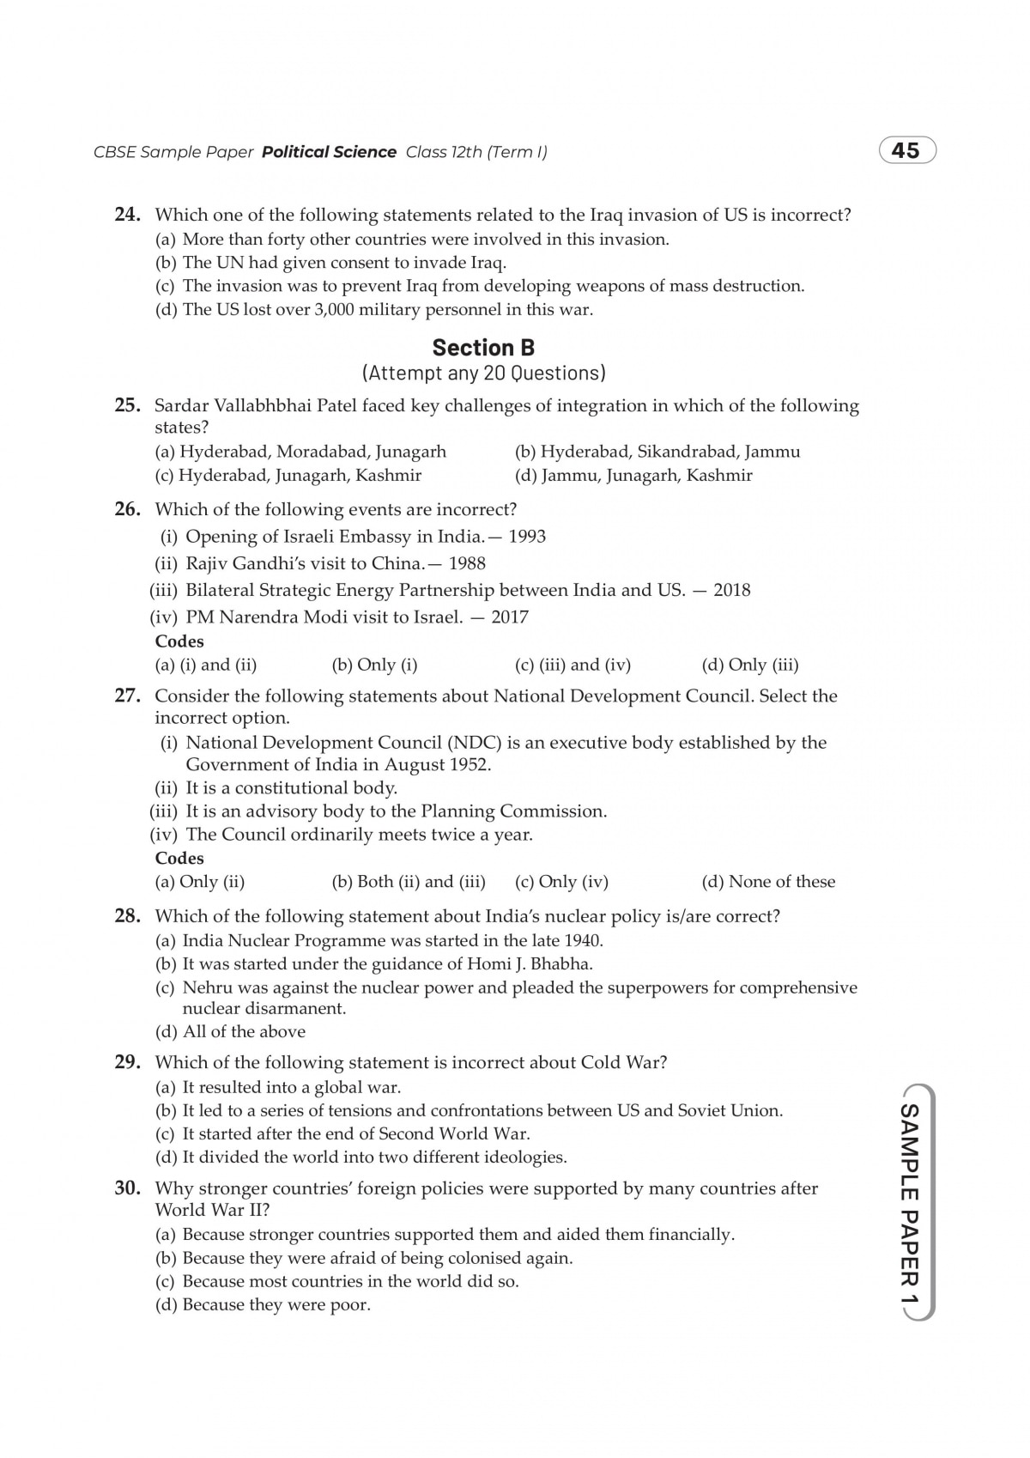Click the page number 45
[906, 151]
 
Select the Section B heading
[483, 348]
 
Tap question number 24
[127, 215]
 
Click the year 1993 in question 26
[527, 537]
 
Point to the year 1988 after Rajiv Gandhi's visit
[467, 563]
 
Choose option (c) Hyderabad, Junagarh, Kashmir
[288, 475]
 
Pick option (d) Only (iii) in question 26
[750, 665]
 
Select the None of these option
[768, 882]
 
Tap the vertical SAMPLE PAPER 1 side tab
[908, 1202]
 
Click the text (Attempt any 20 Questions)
[483, 373]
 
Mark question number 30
[127, 1188]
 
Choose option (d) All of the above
[231, 1031]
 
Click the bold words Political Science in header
[329, 152]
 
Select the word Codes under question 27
[179, 858]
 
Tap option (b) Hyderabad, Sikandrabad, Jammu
[657, 452]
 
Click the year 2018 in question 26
[731, 590]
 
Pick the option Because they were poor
[264, 1305]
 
